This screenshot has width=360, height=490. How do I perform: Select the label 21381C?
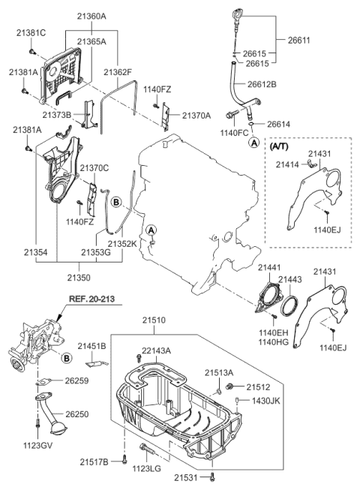[27, 32]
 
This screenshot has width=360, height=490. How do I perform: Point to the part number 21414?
[285, 164]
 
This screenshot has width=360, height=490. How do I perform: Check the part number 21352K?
[121, 244]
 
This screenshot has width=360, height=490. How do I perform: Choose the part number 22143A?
[155, 350]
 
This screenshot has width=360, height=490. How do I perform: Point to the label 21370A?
[196, 115]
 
